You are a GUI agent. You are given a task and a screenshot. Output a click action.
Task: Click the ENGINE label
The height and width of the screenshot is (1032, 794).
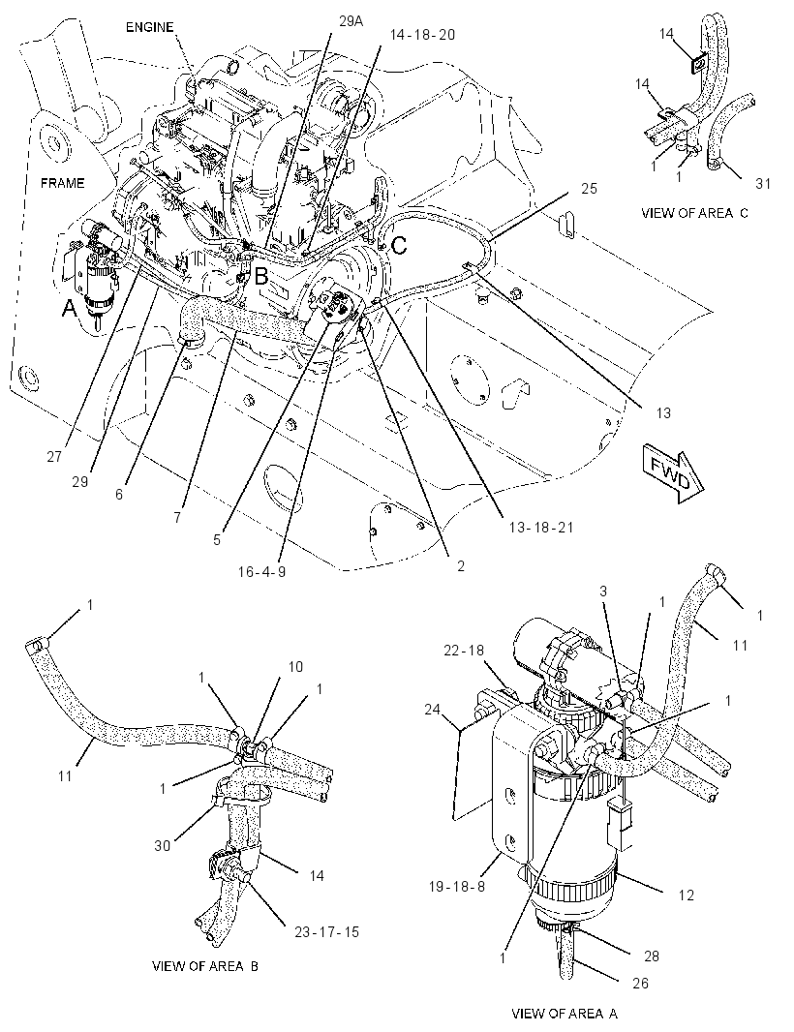(149, 27)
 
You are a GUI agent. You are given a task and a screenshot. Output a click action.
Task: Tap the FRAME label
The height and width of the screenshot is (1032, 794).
(63, 183)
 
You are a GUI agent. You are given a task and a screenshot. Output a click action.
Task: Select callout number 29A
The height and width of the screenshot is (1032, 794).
(351, 21)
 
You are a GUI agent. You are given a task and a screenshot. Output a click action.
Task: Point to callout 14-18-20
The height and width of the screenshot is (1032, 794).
(422, 34)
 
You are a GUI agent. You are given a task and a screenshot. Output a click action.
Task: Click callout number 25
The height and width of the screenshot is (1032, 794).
(589, 188)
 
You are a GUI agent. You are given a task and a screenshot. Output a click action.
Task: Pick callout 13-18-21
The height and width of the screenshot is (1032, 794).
(540, 527)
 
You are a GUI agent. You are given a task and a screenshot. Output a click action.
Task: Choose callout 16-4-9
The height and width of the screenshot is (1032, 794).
(261, 571)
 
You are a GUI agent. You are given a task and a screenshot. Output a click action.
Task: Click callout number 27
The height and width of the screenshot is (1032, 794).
(54, 456)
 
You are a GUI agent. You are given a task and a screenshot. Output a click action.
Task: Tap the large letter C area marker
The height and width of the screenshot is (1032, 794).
(399, 246)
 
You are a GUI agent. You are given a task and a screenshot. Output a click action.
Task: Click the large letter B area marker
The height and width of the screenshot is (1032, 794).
(260, 277)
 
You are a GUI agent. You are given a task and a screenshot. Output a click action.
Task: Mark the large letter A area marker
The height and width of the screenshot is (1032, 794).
(69, 307)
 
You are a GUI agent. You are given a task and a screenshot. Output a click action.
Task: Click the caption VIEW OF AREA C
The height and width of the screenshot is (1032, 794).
(694, 213)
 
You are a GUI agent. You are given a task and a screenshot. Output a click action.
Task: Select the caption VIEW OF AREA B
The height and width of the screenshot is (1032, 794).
(204, 966)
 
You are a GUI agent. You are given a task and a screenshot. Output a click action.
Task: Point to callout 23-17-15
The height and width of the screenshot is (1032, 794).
(326, 932)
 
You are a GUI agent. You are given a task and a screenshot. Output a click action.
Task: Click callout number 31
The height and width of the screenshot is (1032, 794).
(762, 184)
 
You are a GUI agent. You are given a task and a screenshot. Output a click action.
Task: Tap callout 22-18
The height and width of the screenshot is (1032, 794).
(464, 651)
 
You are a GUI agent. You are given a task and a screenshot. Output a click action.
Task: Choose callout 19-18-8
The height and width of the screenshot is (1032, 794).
(456, 886)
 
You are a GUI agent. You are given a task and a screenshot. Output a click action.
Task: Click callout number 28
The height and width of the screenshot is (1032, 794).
(651, 956)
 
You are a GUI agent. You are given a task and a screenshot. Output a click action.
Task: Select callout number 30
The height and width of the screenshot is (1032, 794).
(162, 845)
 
